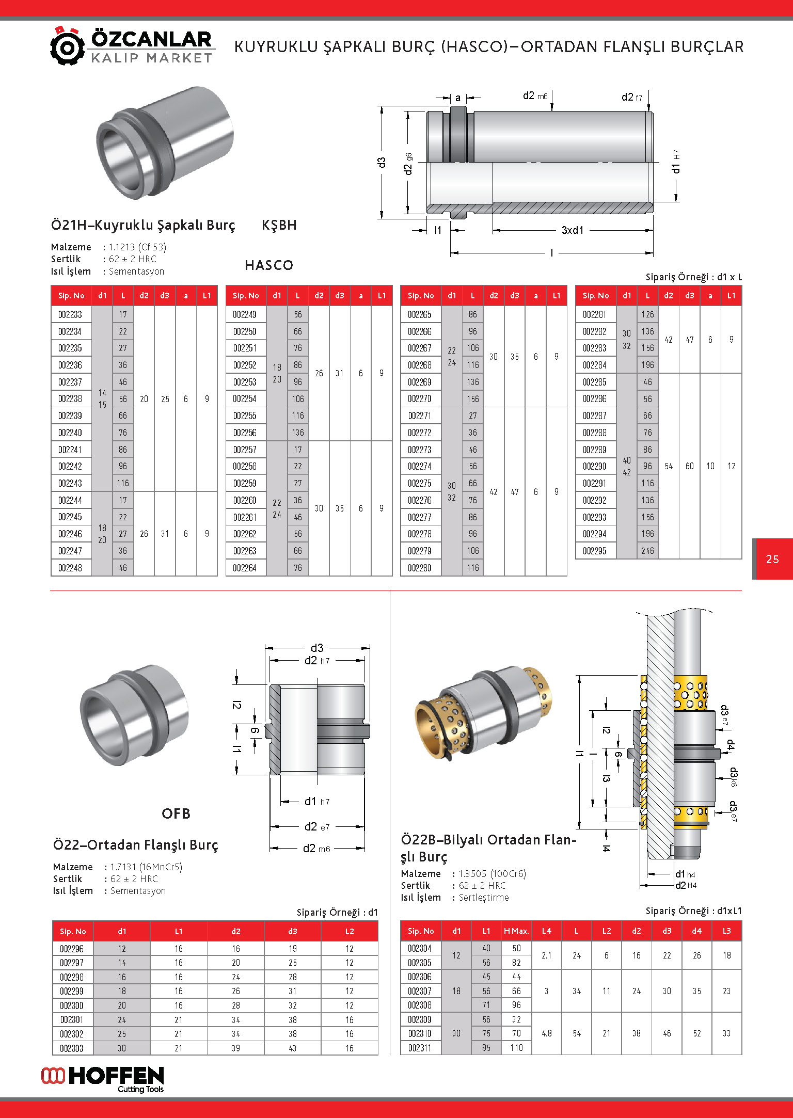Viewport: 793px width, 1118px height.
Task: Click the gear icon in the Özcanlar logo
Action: coord(67,47)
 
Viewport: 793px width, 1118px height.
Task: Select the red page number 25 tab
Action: coord(772,559)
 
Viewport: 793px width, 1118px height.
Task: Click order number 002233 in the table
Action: coord(71,314)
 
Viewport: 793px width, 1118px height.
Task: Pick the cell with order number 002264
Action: coord(245,568)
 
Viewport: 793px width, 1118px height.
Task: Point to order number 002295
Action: coord(595,551)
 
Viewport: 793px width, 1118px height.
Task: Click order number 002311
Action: coord(420,1048)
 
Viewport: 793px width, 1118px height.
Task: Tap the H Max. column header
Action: coord(516,931)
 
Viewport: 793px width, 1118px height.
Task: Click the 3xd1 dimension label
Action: coord(573,230)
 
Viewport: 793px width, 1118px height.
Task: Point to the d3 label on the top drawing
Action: coord(382,163)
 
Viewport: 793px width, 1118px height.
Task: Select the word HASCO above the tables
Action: coord(269,265)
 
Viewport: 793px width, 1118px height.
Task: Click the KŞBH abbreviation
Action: coord(279,225)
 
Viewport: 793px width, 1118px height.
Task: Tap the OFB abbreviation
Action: coord(176,814)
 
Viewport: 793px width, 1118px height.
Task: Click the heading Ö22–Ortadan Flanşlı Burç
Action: coord(136,845)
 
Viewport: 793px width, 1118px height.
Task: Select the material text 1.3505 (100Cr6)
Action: coord(492,874)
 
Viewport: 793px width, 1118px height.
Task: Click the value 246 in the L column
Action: coord(647,551)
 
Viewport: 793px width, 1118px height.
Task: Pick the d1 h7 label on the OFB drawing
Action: coord(316,802)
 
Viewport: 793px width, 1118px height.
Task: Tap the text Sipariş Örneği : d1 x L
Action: coord(693,277)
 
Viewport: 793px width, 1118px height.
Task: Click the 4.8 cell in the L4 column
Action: coord(547,1033)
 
